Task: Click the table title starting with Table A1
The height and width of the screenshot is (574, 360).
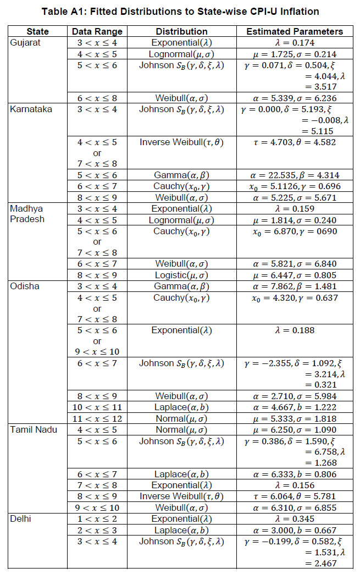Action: point(180,12)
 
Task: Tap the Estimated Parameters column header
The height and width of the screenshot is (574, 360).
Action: point(294,32)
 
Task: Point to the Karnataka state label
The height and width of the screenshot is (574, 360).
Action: point(31,109)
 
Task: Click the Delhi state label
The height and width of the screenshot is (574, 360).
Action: point(21,518)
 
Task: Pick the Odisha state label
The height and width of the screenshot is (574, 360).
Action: point(24,286)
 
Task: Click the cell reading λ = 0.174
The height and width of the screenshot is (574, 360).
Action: point(294,42)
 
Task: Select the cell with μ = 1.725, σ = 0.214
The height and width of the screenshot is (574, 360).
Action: point(294,54)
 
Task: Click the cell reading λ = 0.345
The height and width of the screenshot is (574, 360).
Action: point(294,518)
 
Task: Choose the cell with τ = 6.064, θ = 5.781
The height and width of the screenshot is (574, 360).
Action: point(294,496)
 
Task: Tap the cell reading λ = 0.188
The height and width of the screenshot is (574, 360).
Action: point(294,330)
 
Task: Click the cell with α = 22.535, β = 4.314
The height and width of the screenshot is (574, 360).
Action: point(294,175)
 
